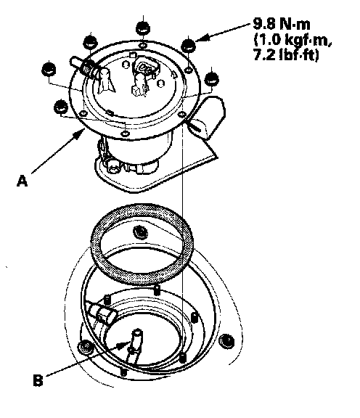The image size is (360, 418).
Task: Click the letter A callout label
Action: click(x=22, y=181)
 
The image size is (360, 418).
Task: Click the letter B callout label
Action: click(x=38, y=380)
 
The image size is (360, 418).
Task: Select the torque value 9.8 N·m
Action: click(x=282, y=25)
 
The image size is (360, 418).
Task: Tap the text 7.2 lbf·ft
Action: click(x=286, y=55)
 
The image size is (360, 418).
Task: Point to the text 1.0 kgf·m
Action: click(x=292, y=40)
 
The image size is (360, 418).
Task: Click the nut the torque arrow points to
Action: click(x=189, y=45)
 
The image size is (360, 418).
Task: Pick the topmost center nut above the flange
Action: click(x=143, y=28)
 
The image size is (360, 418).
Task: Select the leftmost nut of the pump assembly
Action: click(x=49, y=69)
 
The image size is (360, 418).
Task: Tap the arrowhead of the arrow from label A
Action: click(x=81, y=132)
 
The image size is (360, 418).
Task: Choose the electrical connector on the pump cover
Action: click(x=146, y=67)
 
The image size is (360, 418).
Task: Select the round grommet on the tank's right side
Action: click(x=226, y=340)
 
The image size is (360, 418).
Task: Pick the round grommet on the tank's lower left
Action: click(x=85, y=348)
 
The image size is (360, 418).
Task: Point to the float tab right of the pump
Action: click(x=208, y=117)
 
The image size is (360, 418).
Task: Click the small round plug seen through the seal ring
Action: click(x=141, y=231)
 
